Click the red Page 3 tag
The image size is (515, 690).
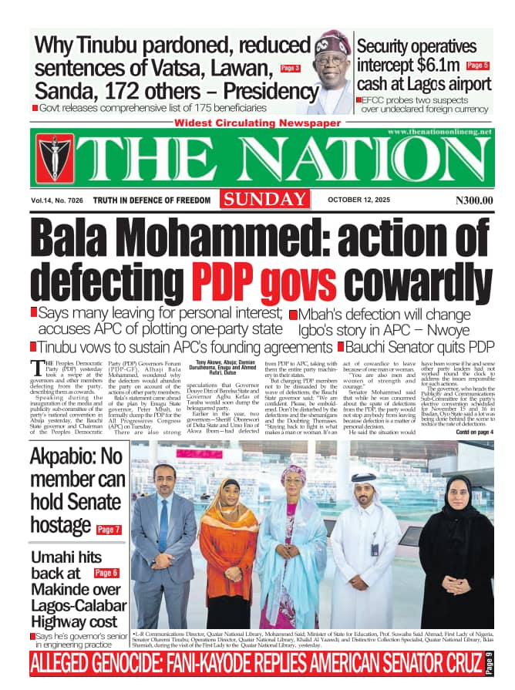[291, 69]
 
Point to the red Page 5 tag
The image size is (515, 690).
[478, 66]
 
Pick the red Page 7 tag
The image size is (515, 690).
[109, 530]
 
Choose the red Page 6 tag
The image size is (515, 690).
[106, 573]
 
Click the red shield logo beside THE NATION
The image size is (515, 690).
[54, 158]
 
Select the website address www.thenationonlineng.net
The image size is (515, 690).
[439, 133]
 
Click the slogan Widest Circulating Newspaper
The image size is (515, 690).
[257, 123]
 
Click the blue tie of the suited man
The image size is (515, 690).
[163, 524]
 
